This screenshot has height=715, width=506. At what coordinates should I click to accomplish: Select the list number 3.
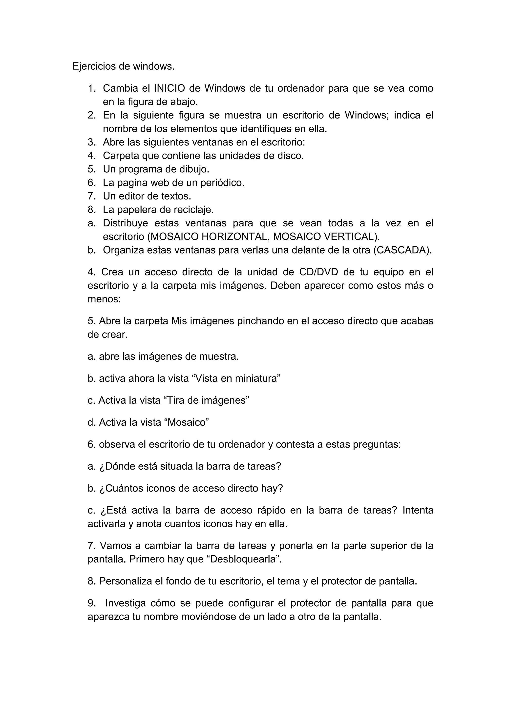92,142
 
